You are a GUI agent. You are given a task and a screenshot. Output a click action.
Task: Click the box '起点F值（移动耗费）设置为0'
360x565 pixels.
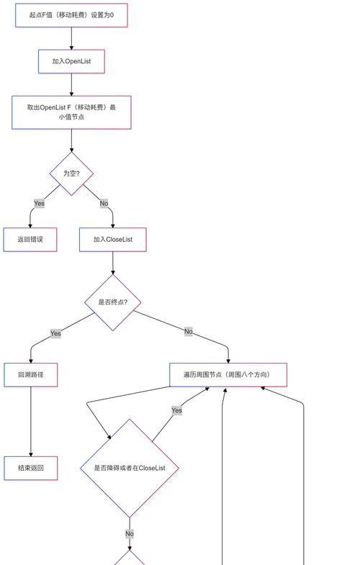coord(71,15)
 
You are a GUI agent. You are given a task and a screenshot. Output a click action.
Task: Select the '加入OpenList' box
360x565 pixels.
coord(71,61)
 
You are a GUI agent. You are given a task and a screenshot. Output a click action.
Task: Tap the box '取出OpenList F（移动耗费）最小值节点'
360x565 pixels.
coord(71,112)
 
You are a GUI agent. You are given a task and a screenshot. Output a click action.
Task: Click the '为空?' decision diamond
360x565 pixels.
coord(71,173)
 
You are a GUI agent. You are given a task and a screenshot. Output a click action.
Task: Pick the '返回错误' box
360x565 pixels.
coord(30,240)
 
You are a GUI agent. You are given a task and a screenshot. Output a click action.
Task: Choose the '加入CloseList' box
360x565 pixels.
coord(113,240)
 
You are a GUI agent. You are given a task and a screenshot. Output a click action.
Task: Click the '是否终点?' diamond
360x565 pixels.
coord(113,302)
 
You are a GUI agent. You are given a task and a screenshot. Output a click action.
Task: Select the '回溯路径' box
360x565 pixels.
coord(31,375)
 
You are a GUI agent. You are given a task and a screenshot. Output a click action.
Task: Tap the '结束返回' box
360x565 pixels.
coord(31,468)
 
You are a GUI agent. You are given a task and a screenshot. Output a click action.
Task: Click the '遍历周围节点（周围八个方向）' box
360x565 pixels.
coord(228,375)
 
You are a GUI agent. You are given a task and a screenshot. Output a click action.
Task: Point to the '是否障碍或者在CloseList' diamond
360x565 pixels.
coord(130,468)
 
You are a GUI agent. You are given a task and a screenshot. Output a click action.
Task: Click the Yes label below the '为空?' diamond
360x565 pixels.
coord(40,203)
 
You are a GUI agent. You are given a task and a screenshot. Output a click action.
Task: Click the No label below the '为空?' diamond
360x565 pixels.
coord(104,203)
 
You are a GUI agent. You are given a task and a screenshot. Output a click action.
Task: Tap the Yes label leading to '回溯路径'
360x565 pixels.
coord(55,333)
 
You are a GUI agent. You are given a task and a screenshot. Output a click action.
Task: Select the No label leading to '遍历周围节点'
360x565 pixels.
coord(189,331)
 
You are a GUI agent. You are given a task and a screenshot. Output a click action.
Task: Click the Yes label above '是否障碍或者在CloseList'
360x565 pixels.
coord(176,410)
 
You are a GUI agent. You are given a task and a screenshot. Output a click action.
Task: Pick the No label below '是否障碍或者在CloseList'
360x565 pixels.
coord(130,533)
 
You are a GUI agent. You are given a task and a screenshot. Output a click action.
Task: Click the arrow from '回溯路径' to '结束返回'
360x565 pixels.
coord(31,422)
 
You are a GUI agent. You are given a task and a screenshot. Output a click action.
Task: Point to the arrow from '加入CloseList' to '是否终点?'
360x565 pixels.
coord(113,263)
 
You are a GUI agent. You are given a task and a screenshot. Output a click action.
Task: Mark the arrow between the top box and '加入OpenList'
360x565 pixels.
coord(71,38)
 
